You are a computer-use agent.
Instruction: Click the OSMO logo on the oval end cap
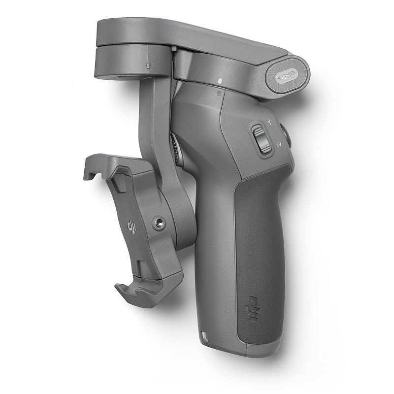click(288, 76)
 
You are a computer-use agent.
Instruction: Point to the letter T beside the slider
click(269, 123)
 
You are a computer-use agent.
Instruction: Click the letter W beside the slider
click(279, 145)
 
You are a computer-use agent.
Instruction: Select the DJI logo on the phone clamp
click(131, 226)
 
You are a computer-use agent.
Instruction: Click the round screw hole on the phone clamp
click(159, 223)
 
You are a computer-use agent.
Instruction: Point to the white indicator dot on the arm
click(220, 81)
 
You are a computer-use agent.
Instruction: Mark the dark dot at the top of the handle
click(219, 94)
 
